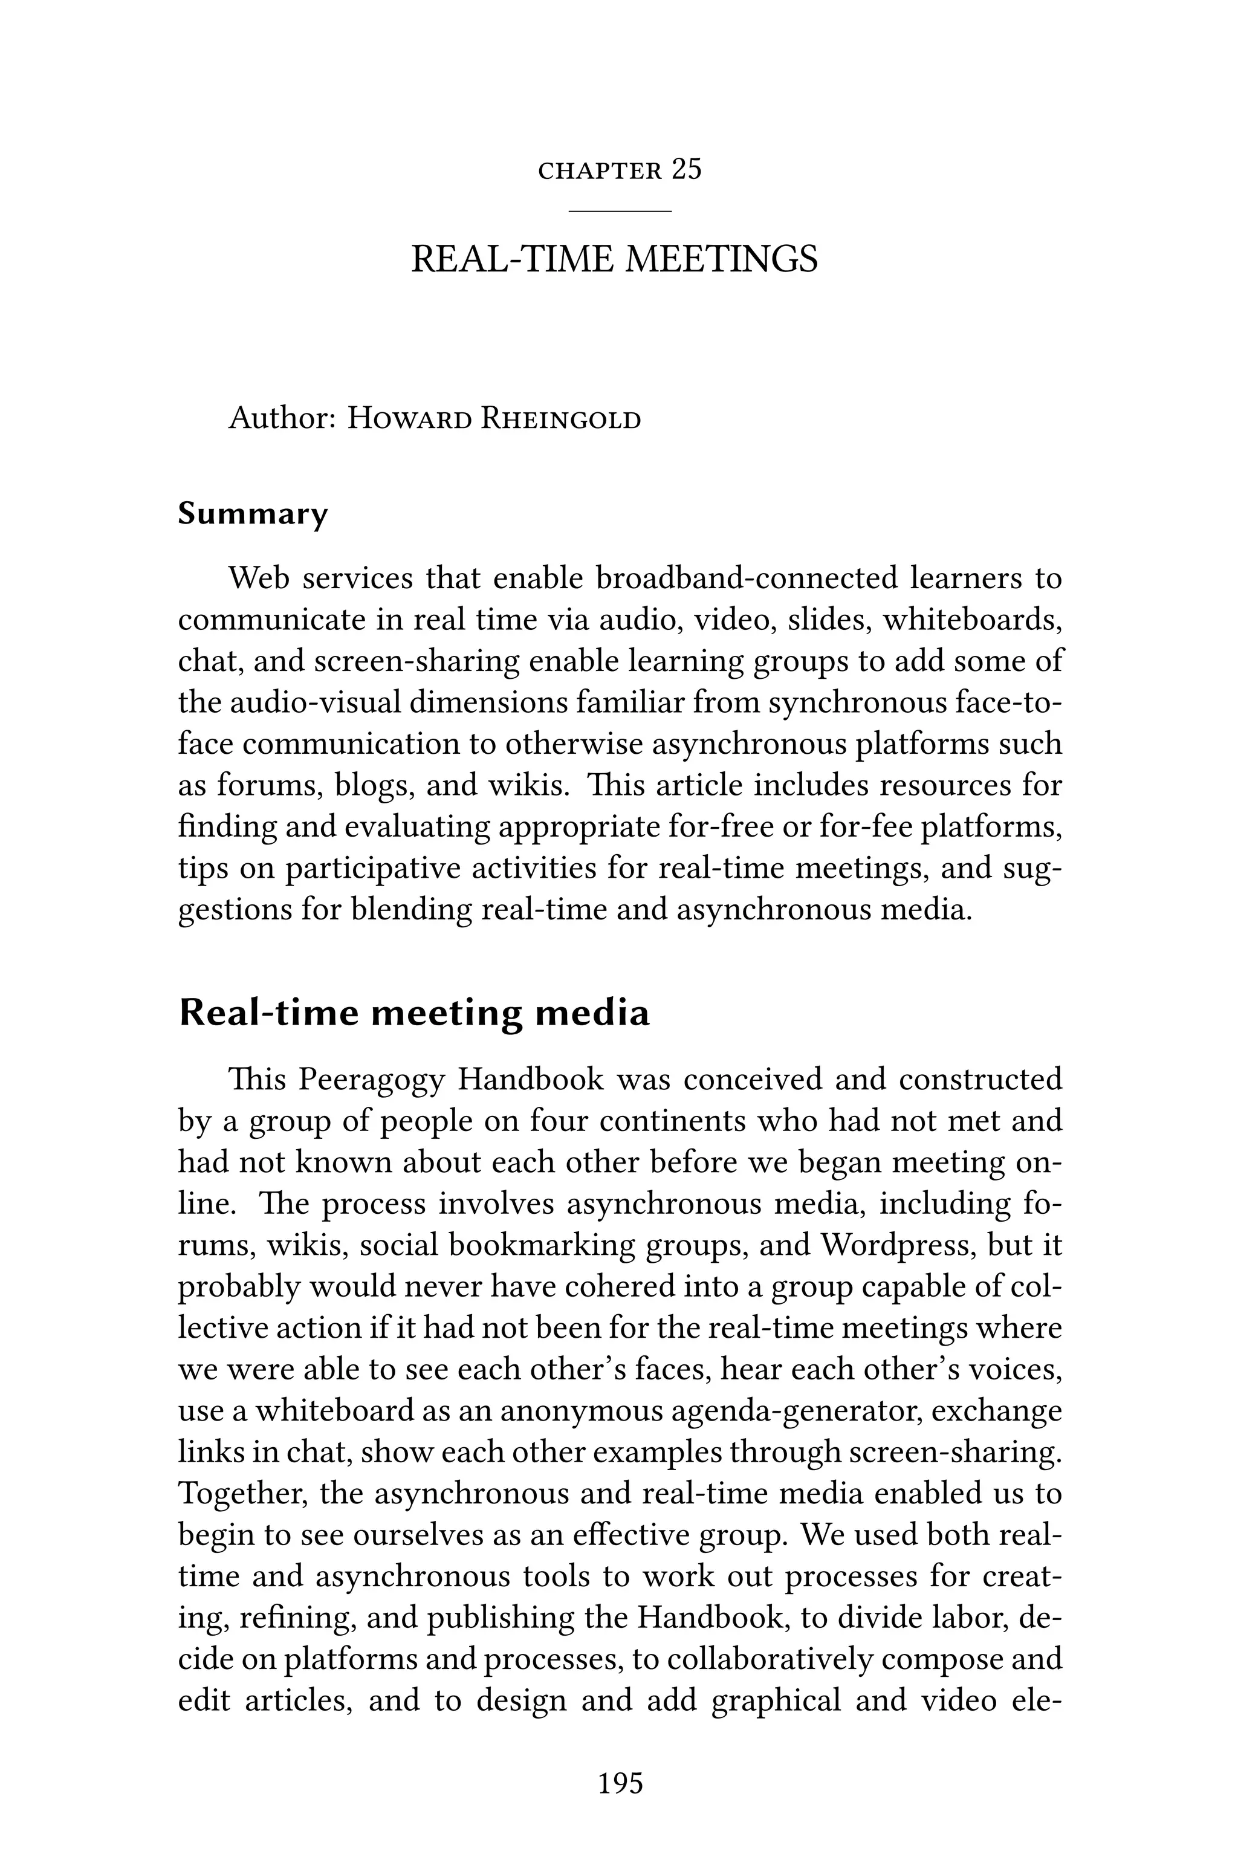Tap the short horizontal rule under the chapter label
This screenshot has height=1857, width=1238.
620,211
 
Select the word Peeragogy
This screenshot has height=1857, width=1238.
372,1079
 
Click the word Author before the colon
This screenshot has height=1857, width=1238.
276,418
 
